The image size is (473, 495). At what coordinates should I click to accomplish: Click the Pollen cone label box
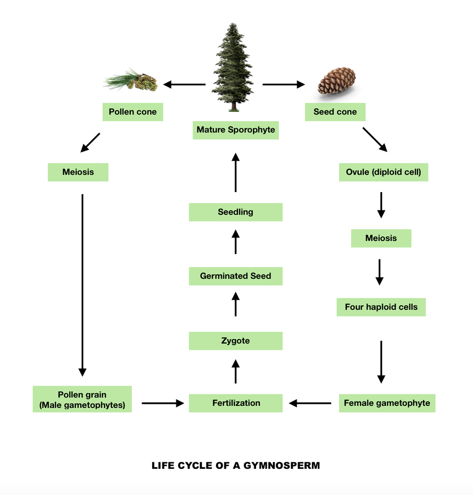coord(132,112)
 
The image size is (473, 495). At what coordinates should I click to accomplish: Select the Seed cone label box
coord(335,112)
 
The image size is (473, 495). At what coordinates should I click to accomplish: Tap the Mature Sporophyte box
coord(235,130)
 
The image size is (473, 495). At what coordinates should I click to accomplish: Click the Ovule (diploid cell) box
coord(383,172)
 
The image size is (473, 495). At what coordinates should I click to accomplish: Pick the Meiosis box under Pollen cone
coord(78,172)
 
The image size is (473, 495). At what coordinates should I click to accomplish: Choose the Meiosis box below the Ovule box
coord(381,238)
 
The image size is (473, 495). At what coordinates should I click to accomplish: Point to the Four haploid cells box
coord(381,307)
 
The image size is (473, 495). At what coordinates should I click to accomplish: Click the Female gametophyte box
coord(386,403)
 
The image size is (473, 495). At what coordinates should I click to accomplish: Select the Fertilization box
coord(236,403)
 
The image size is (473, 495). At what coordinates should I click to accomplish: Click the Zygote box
coord(235,341)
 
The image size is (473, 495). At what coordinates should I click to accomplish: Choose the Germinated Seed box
coord(235,276)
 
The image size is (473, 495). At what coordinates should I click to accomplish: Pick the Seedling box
coord(235,212)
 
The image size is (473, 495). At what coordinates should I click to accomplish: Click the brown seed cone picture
coord(336,82)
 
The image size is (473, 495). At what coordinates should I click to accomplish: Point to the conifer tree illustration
coord(233,67)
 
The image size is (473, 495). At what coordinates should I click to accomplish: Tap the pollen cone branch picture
coord(131,81)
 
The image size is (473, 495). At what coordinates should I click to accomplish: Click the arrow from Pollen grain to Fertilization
coord(162,403)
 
